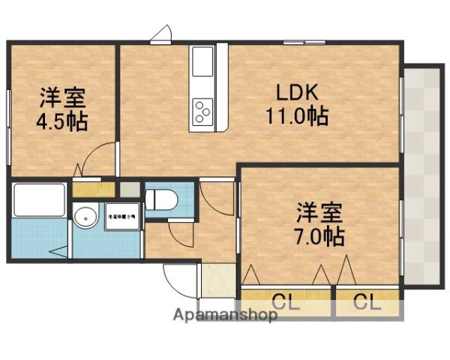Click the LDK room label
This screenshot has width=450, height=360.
(298, 94)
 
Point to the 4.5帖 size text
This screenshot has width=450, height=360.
(62, 121)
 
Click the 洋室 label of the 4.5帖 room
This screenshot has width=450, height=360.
(62, 97)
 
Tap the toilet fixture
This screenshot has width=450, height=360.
(160, 199)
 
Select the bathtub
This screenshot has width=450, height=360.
(40, 199)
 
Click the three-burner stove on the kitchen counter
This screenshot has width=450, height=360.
(202, 112)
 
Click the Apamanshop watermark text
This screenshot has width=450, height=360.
(225, 315)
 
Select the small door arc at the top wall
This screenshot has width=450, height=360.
(161, 34)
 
